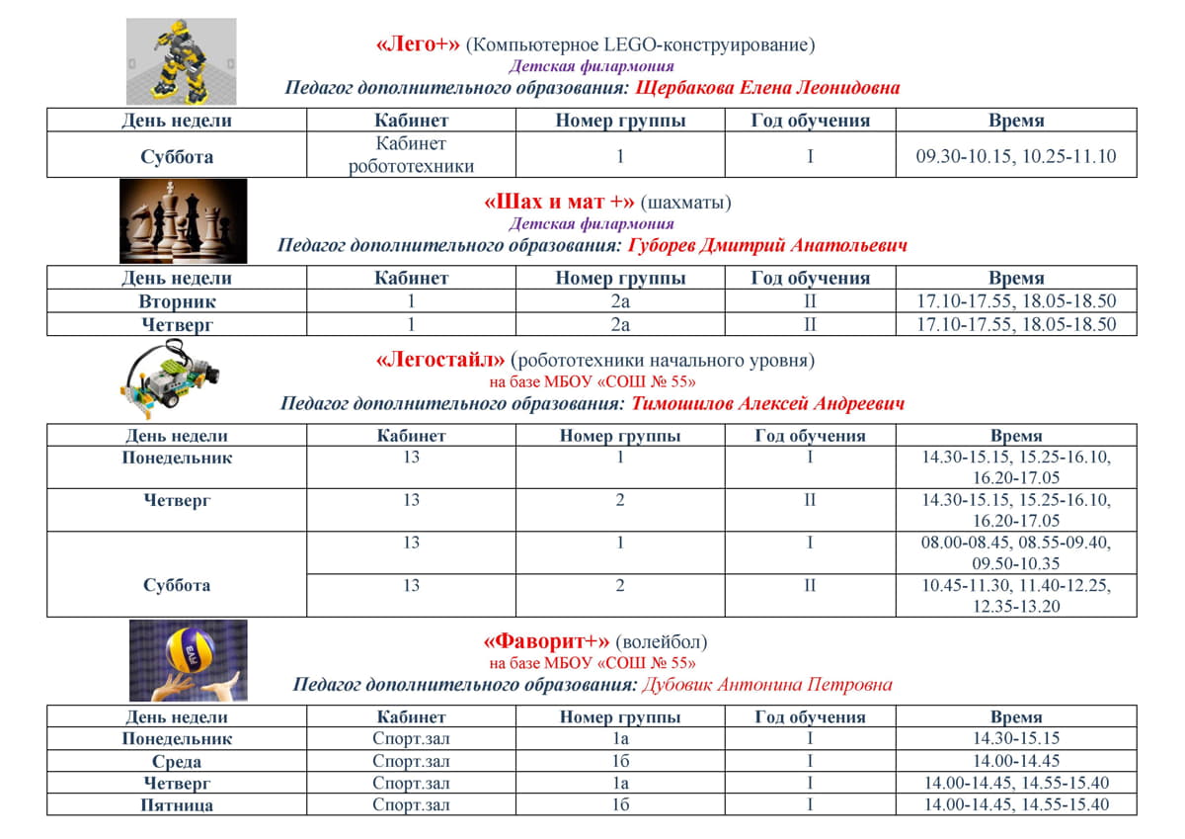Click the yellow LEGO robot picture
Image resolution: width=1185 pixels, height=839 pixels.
tap(181, 61)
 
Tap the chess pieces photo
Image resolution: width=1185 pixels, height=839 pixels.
tap(183, 220)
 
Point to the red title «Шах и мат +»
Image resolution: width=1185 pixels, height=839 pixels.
tap(559, 203)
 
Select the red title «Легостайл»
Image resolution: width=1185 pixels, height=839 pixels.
tap(441, 361)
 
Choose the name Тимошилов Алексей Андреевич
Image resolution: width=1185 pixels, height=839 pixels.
tap(767, 403)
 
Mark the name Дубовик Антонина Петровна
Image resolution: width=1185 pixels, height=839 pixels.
tap(766, 684)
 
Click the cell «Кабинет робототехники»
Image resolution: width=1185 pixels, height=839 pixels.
tap(411, 155)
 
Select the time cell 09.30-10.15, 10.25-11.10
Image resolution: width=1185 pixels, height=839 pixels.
tap(1016, 156)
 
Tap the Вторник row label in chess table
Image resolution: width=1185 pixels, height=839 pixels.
tap(177, 301)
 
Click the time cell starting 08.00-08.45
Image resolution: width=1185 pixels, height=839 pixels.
tap(1016, 552)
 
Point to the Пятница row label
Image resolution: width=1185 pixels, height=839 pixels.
tap(177, 805)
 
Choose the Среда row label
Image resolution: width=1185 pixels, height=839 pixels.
tap(177, 761)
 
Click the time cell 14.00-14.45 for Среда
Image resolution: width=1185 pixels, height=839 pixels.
tap(1016, 761)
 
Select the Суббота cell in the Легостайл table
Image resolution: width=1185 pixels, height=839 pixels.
tap(177, 585)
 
